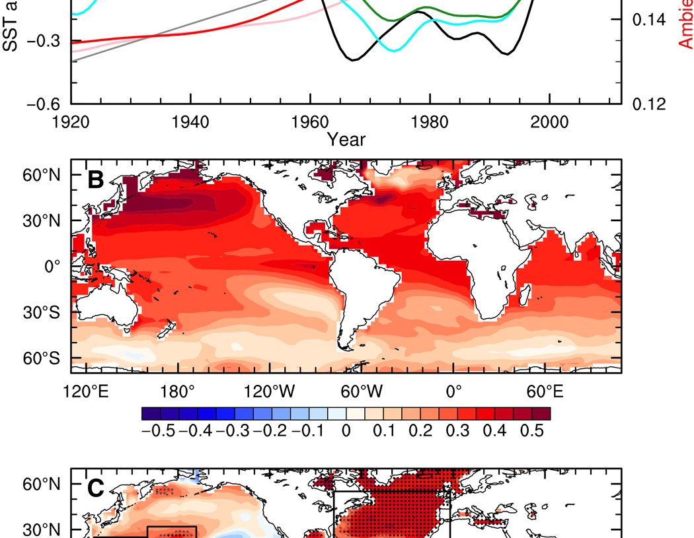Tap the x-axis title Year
(346, 139)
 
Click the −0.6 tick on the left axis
(43, 104)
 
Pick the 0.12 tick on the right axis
(649, 104)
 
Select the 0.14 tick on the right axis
(649, 20)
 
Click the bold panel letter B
(96, 180)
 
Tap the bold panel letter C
(96, 488)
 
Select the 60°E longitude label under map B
(545, 392)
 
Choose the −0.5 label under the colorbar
(156, 432)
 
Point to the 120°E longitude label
(87, 392)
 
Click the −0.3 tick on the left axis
(43, 42)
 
